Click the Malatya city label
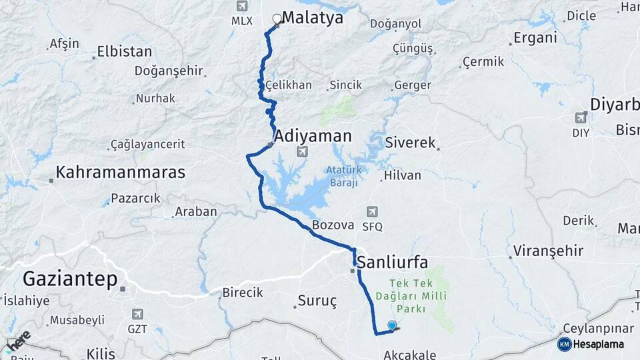click(x=312, y=18)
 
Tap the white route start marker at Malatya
click(x=277, y=19)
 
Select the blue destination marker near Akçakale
click(x=392, y=325)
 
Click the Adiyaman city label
click(x=313, y=136)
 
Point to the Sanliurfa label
click(x=393, y=261)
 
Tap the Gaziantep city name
click(x=70, y=279)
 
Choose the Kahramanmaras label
click(x=120, y=172)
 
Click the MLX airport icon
click(x=241, y=7)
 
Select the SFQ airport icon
click(x=372, y=213)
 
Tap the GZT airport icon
click(x=137, y=314)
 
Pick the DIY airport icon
click(x=581, y=118)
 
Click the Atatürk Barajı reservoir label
click(x=343, y=176)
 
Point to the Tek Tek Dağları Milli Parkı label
click(x=420, y=295)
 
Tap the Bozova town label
click(x=332, y=225)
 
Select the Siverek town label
click(x=410, y=143)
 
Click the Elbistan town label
click(x=124, y=51)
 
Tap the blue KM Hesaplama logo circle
click(x=564, y=344)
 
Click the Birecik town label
click(x=242, y=293)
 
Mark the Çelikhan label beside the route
click(x=289, y=85)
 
